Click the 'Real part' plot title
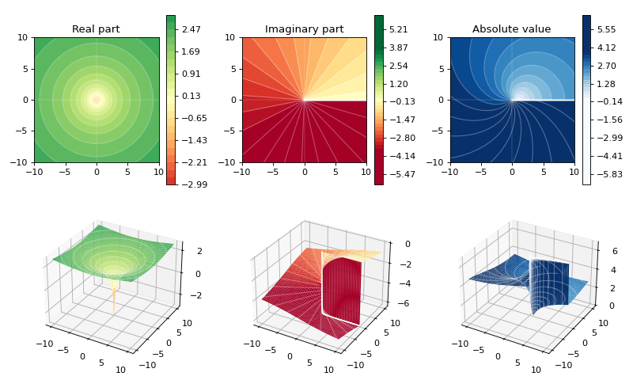click(96, 29)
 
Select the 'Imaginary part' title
click(305, 29)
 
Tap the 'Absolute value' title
click(511, 29)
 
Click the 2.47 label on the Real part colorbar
click(191, 29)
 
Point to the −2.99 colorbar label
click(193, 184)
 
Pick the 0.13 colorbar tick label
click(191, 96)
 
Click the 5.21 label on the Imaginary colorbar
click(399, 29)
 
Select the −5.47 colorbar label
click(400, 174)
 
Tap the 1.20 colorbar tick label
click(399, 84)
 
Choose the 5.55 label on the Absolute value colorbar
click(607, 29)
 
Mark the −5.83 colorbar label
click(608, 174)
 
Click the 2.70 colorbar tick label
click(607, 66)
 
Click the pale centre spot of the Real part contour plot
click(97, 100)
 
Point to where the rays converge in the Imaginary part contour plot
click(305, 100)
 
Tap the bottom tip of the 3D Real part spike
click(114, 313)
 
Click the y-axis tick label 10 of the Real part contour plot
click(23, 37)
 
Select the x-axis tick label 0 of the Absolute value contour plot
click(512, 172)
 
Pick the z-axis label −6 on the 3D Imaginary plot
click(405, 303)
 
